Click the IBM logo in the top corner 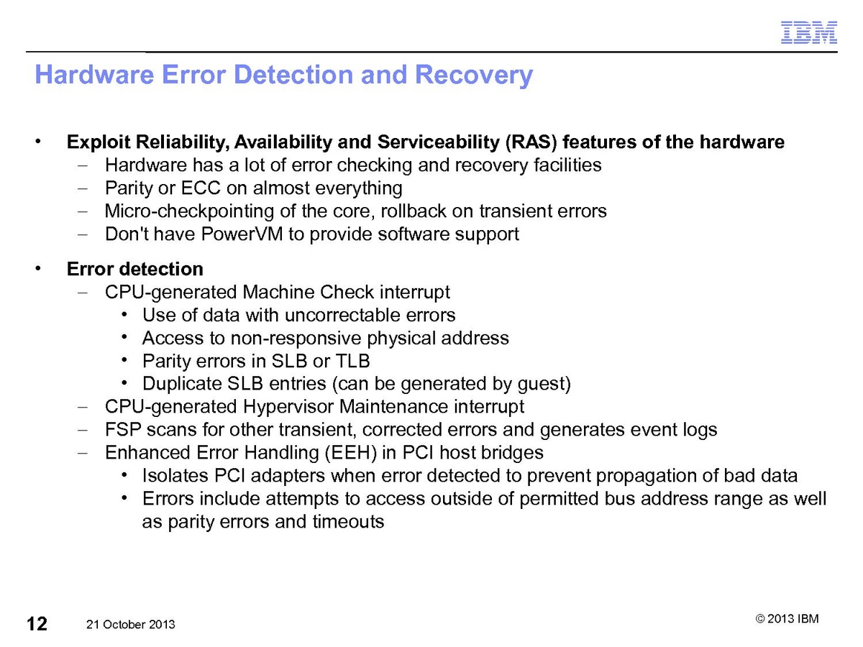[809, 32]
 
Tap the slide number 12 [37, 623]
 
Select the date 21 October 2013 [130, 625]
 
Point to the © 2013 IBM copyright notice [787, 620]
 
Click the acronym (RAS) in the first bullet [531, 142]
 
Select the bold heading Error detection [134, 269]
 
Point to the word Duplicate [182, 384]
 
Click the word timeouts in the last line [348, 522]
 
